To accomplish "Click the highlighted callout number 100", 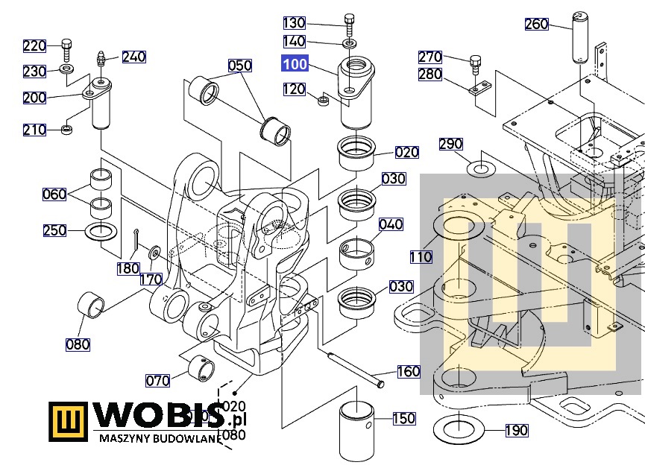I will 295,64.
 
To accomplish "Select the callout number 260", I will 536,24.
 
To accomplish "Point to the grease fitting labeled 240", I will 100,59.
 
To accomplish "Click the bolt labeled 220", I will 66,49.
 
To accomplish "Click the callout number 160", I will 409,371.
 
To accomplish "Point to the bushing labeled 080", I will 89,306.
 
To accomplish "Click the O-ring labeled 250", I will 100,232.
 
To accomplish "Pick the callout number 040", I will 391,224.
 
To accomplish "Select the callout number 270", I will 430,57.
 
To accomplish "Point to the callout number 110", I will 421,257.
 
